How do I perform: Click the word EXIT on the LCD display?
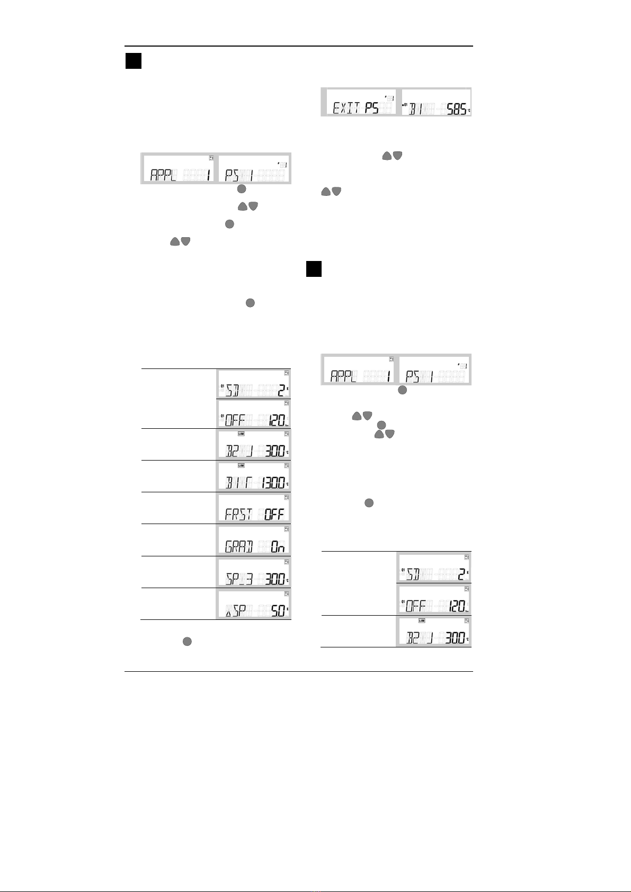click(x=347, y=109)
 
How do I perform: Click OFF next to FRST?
click(x=275, y=514)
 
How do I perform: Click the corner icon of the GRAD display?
click(x=287, y=529)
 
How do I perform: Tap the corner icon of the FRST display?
click(x=287, y=498)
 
